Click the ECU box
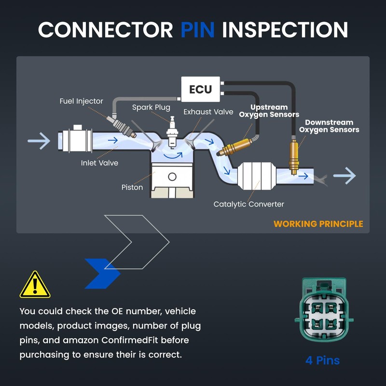coord(200,90)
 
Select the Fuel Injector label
coord(81,101)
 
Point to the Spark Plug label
coord(151,107)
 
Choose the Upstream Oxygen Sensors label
coord(269,111)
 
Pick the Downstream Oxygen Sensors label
coord(329,126)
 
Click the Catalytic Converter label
coord(249,204)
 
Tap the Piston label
coord(132,187)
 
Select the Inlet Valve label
coord(99,163)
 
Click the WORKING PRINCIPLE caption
coord(318,224)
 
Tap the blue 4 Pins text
coord(322,360)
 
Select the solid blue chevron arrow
coord(103,274)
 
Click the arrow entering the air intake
coord(39,141)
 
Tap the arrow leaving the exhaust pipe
coord(345,176)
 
